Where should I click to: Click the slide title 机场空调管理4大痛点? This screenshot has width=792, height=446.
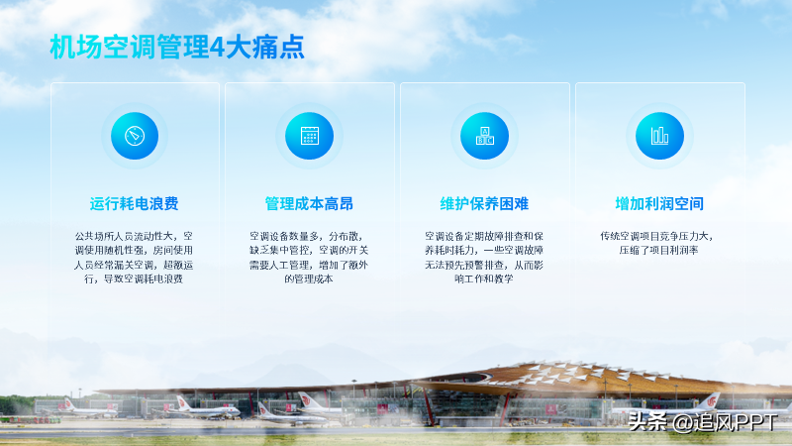pyautogui.click(x=177, y=47)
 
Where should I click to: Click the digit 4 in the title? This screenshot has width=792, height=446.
pyautogui.click(x=217, y=48)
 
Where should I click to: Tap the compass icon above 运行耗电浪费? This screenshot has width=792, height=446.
pyautogui.click(x=135, y=136)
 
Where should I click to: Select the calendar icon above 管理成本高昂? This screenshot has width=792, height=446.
pyautogui.click(x=309, y=136)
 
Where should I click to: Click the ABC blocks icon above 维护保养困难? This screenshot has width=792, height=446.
pyautogui.click(x=484, y=136)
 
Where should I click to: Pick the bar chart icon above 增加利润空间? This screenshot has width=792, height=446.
pyautogui.click(x=659, y=136)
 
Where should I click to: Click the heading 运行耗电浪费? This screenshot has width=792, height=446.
pyautogui.click(x=135, y=204)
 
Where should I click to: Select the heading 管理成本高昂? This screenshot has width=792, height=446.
pyautogui.click(x=309, y=204)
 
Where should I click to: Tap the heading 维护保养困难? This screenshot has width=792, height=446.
pyautogui.click(x=484, y=204)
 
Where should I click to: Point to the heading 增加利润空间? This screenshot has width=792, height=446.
pyautogui.click(x=659, y=204)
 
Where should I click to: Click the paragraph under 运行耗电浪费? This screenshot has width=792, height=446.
pyautogui.click(x=134, y=258)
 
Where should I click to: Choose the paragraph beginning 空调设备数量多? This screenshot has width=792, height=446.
pyautogui.click(x=309, y=258)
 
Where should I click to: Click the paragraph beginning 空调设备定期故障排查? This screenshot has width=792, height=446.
pyautogui.click(x=484, y=258)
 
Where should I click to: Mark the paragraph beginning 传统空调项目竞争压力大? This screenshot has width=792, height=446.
pyautogui.click(x=658, y=243)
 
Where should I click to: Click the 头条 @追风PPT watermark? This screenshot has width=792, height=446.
pyautogui.click(x=703, y=422)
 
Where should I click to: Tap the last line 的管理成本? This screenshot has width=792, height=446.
pyautogui.click(x=309, y=279)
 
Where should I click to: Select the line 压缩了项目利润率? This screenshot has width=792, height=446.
pyautogui.click(x=658, y=251)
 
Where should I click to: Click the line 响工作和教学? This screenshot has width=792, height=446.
pyautogui.click(x=484, y=279)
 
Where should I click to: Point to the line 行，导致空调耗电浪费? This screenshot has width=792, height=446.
pyautogui.click(x=134, y=279)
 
